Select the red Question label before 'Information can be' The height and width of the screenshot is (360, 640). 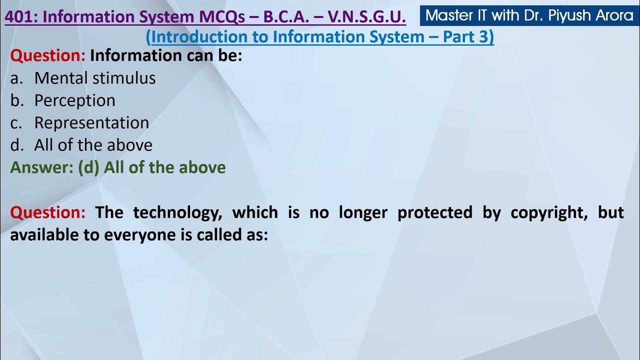click(48, 55)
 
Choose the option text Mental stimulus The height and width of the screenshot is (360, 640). click(95, 78)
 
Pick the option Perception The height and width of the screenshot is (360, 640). click(74, 100)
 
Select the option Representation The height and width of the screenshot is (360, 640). click(91, 123)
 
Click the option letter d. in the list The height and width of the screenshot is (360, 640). click(17, 145)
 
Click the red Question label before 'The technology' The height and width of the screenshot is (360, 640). click(48, 212)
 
